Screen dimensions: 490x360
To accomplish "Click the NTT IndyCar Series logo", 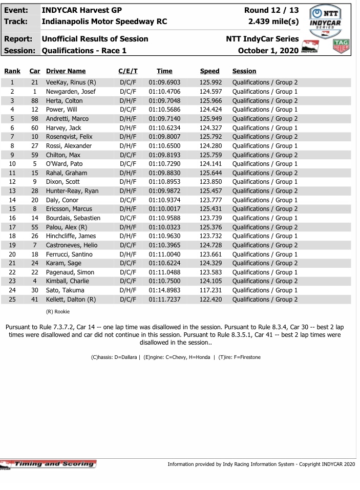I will [326, 20].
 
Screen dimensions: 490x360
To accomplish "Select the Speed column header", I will [209, 71].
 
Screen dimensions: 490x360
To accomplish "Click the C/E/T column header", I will [128, 71].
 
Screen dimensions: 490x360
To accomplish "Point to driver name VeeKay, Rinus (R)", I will [71, 82].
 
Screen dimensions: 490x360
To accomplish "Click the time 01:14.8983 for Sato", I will [164, 290].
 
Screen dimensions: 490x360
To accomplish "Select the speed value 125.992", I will [210, 82].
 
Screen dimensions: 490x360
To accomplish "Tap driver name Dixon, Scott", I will [62, 182].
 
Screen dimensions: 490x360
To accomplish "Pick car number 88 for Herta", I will [35, 101].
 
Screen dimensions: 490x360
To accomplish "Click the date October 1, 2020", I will [268, 50].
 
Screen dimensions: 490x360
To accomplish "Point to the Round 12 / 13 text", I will [271, 10].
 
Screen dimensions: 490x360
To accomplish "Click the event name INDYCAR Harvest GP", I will [81, 10].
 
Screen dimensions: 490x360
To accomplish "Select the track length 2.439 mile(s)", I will [273, 22].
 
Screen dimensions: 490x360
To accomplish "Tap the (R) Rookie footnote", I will [58, 311].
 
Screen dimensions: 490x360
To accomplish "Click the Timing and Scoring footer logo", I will [49, 464].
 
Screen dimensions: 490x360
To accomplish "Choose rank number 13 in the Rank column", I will [12, 191].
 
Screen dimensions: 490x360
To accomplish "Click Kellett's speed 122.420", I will [210, 300].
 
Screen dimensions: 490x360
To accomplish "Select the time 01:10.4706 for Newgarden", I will [164, 92].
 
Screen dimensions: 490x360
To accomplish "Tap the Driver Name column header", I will [66, 71].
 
